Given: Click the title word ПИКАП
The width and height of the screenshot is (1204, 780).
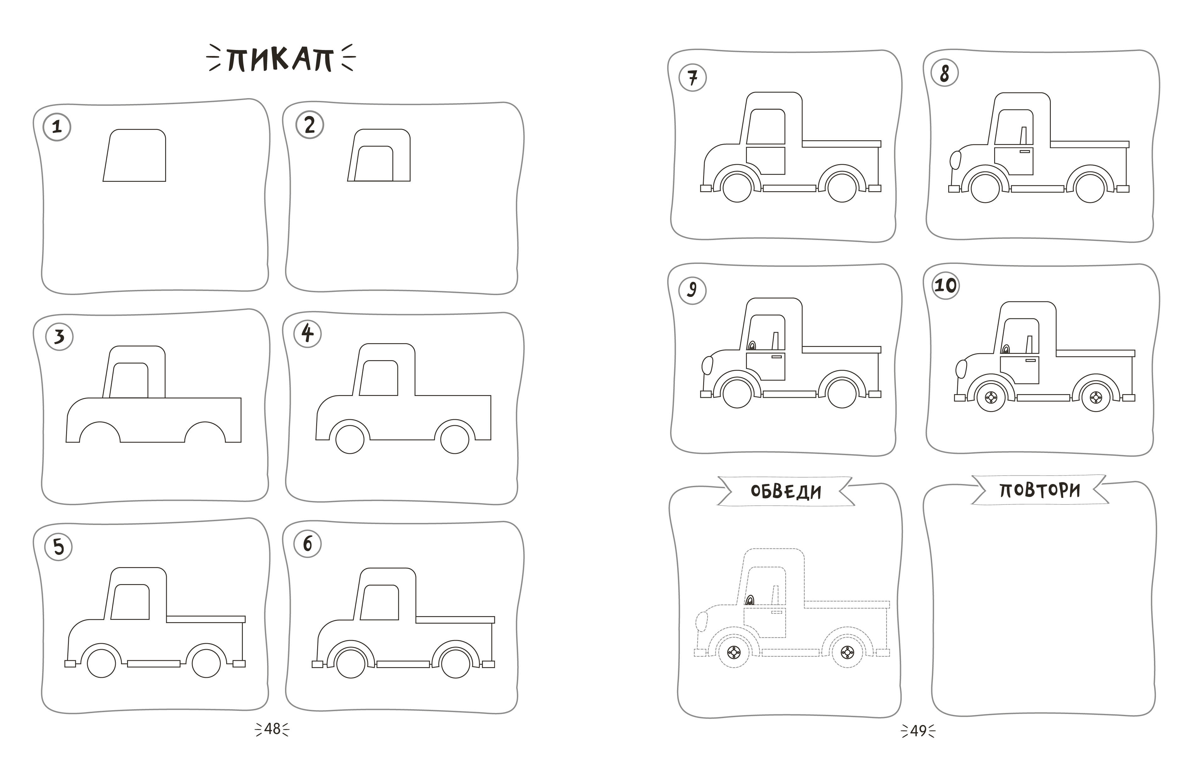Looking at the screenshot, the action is click(280, 59).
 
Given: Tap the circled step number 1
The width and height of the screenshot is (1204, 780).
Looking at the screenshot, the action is click(57, 126).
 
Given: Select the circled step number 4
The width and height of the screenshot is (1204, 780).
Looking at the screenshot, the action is click(307, 333).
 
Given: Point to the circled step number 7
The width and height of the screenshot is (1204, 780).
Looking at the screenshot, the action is click(692, 78).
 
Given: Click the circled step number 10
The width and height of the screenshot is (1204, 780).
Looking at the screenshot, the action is click(945, 285).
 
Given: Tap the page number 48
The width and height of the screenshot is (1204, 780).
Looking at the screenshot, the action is click(272, 729).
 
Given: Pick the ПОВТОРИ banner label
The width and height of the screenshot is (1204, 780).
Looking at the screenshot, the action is click(1039, 490).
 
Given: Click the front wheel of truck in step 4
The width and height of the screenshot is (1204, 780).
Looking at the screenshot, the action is click(350, 439).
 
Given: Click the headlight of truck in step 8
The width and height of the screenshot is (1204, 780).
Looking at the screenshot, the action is click(955, 160).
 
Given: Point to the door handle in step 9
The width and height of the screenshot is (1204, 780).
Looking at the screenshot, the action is click(776, 357).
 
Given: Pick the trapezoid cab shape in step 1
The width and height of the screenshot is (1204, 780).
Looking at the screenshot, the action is click(135, 155).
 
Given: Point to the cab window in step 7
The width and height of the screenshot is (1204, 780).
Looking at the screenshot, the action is click(765, 126).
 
